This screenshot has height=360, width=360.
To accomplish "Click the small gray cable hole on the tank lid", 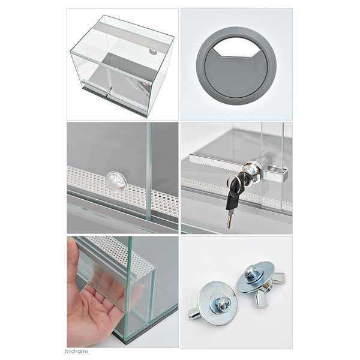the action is point(152,52).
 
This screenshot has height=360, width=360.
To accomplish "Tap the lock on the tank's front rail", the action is point(109,91).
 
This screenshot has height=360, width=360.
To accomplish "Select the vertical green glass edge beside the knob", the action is point(149,172).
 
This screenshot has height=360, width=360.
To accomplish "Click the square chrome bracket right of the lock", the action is point(276,173).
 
